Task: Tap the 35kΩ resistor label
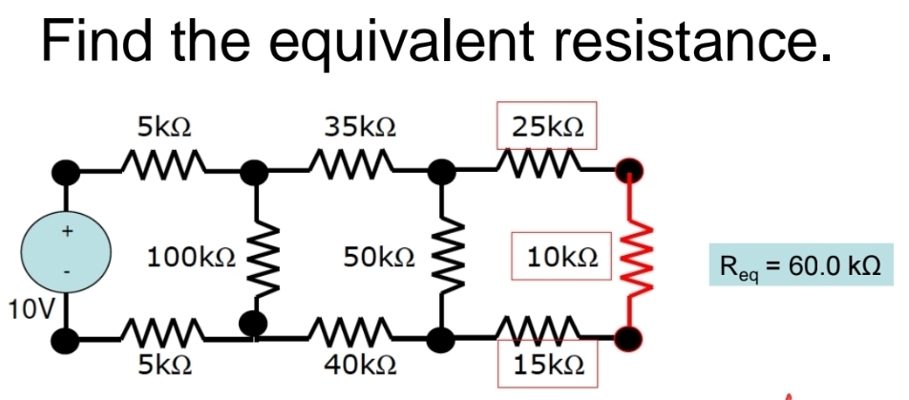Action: [361, 126]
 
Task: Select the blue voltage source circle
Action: [66, 254]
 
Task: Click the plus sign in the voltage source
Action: [66, 230]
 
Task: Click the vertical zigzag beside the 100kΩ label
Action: [253, 254]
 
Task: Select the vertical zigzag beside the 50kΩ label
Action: [440, 254]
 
